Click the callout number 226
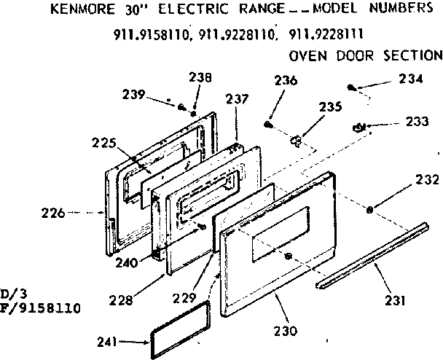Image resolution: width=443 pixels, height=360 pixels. coord(54,214)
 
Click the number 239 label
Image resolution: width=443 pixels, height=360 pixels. coord(133,95)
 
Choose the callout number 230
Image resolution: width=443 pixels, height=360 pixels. coord(285,332)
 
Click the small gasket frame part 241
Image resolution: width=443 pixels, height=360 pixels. coord(179,329)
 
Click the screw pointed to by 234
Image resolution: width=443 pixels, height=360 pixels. coord(352,87)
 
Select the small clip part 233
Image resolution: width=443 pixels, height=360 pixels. coord(358,128)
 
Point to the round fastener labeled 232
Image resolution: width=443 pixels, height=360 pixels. coord(370,210)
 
